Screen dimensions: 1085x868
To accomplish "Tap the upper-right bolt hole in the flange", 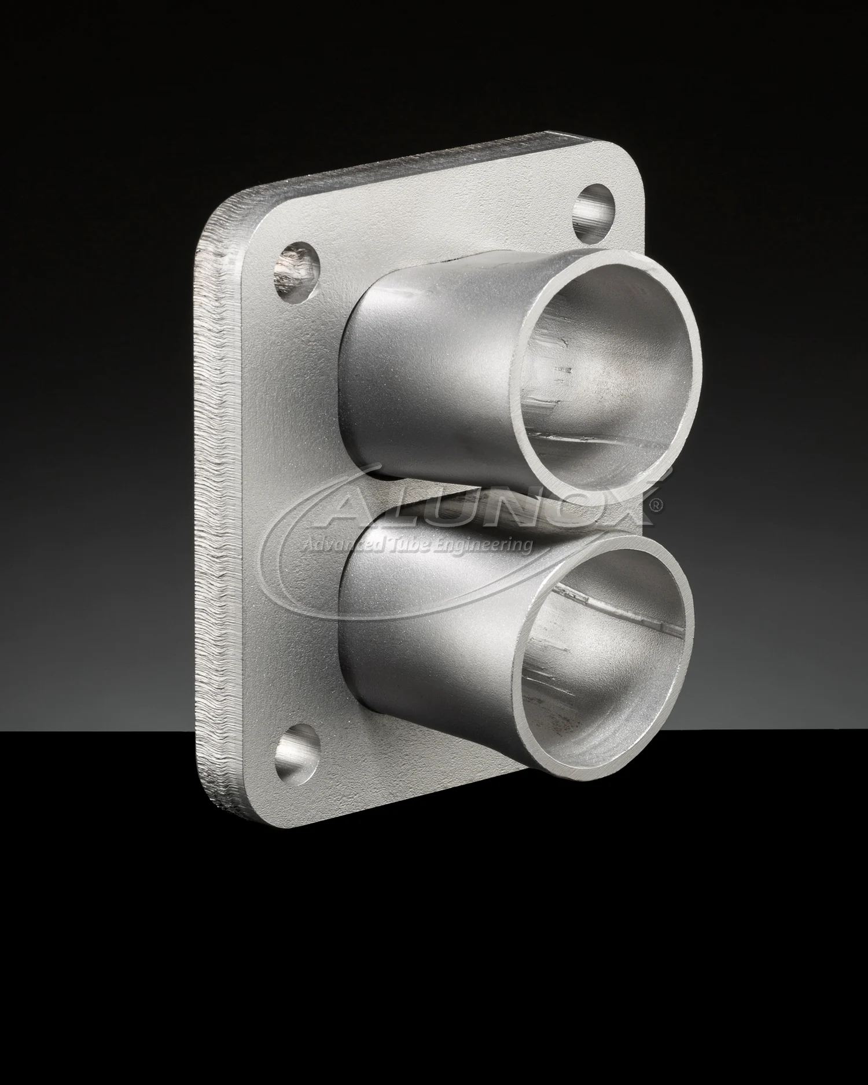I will [x=595, y=212].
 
